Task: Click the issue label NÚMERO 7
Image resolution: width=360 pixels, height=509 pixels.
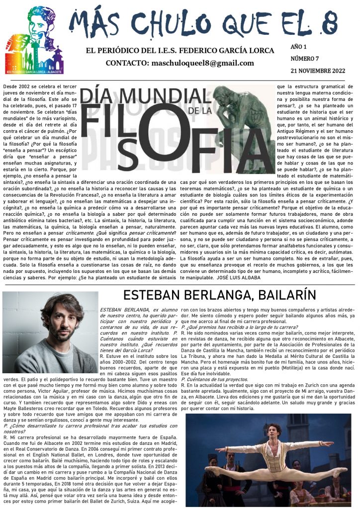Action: (305, 59)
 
